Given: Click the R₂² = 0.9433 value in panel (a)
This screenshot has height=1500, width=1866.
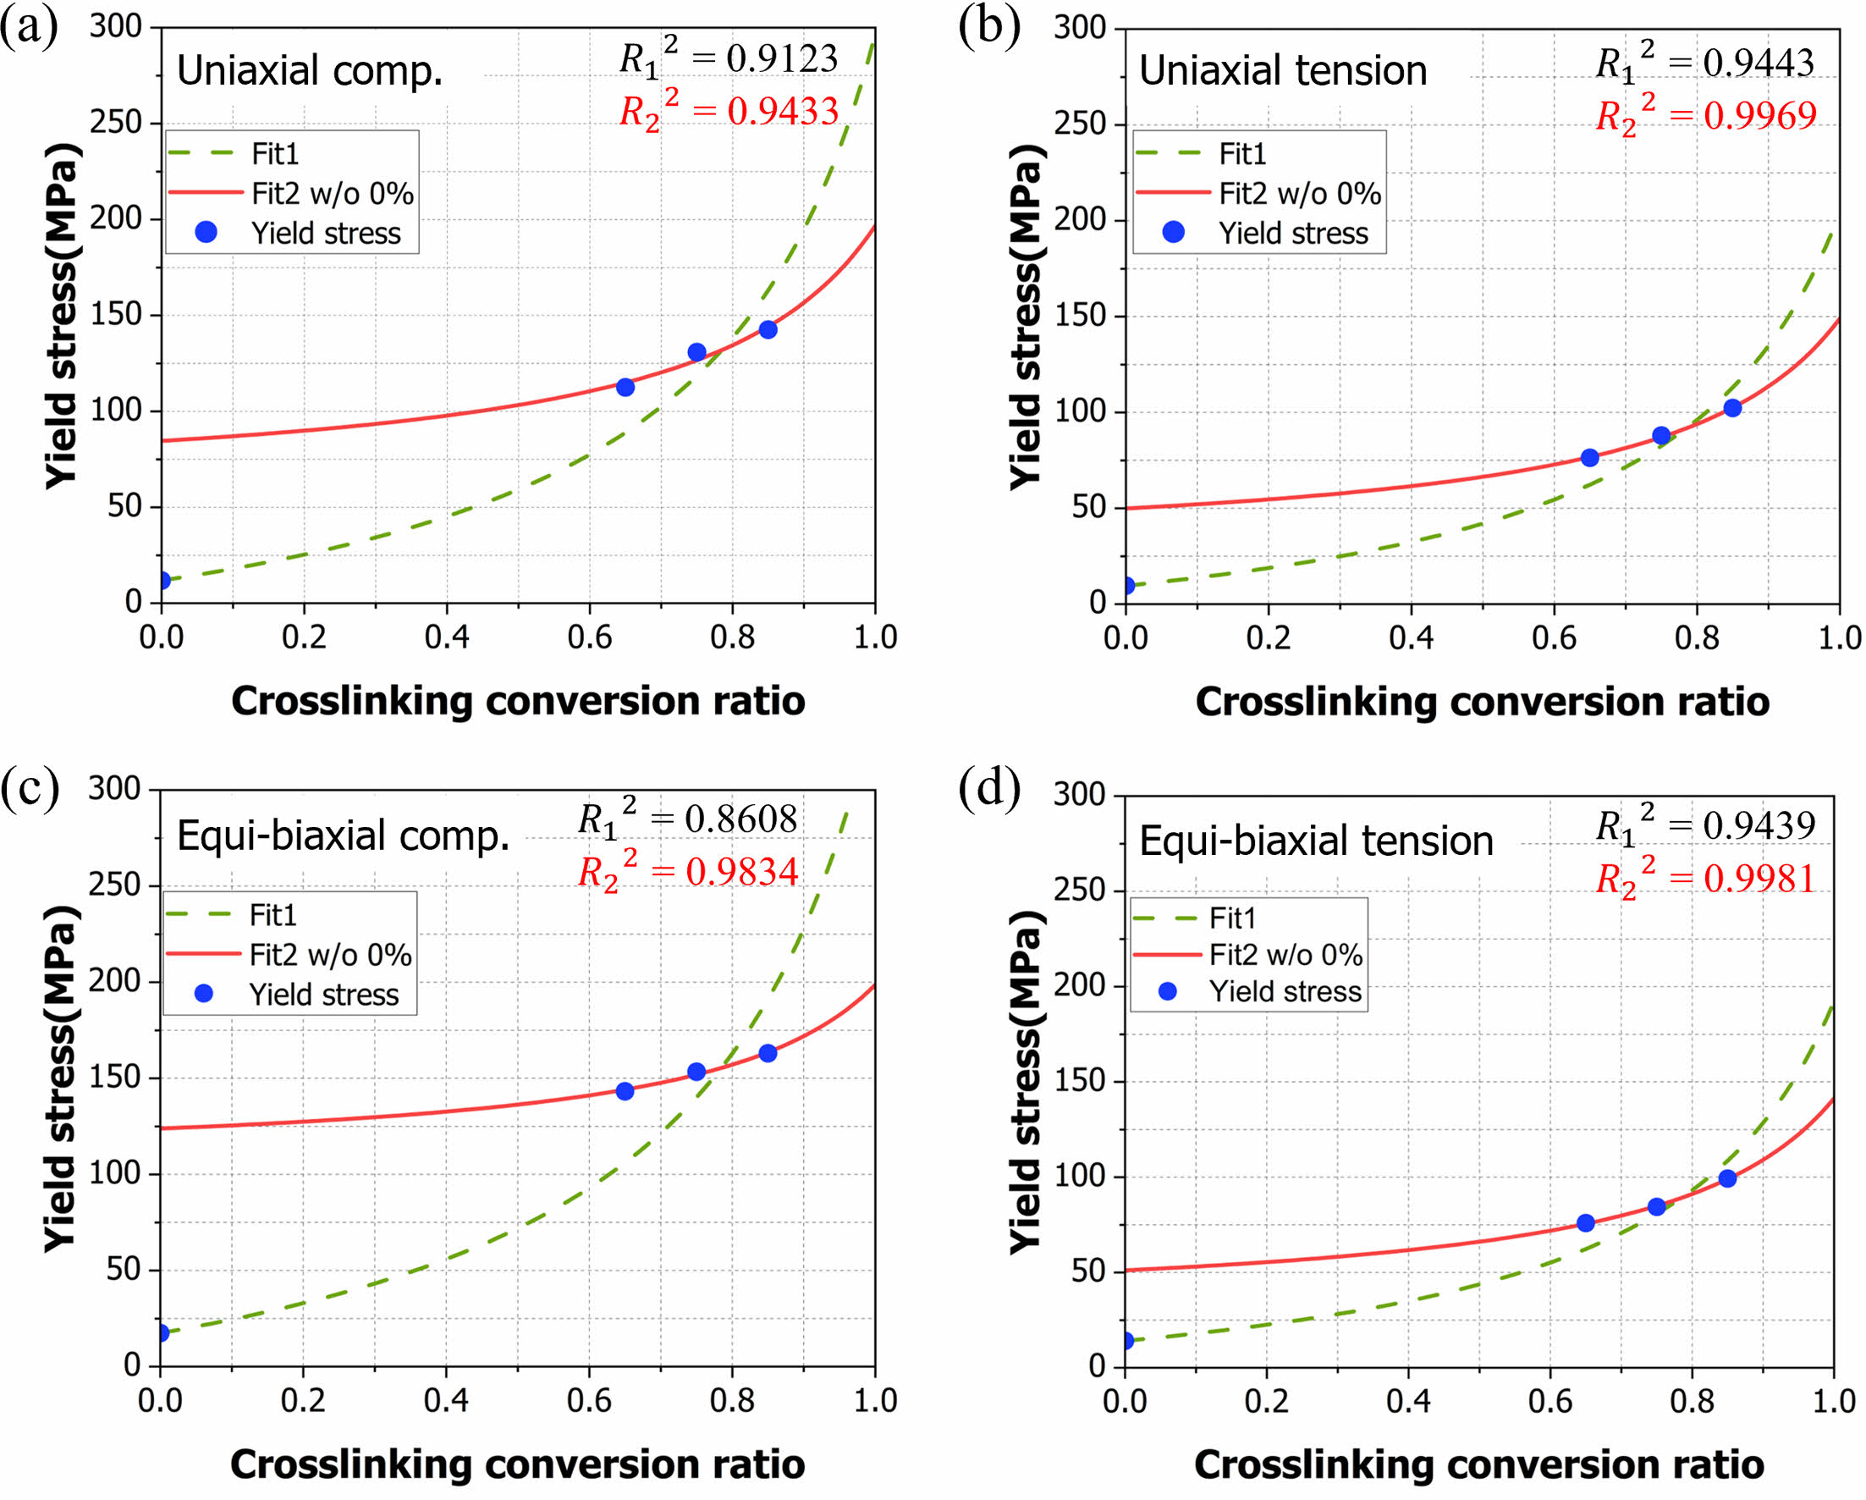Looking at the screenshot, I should [729, 112].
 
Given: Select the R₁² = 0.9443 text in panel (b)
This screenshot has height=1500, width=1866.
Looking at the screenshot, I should [1704, 63].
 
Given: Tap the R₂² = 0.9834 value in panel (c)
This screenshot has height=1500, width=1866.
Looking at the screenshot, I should [688, 872].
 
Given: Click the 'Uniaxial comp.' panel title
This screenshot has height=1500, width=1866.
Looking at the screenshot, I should [310, 71].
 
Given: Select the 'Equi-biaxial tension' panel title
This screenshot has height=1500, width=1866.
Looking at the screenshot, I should [1316, 841].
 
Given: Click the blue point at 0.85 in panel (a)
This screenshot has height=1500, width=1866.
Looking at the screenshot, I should [768, 330].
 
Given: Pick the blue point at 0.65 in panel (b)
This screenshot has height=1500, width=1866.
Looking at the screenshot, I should [1590, 458].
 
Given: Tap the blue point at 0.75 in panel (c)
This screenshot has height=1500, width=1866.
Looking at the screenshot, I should [696, 1072].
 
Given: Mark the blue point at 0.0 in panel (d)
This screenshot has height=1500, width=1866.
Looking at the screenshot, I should [1127, 1341].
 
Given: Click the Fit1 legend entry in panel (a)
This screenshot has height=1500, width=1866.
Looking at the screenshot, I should [275, 154].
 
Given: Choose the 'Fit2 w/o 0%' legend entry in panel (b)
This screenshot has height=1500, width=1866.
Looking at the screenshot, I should [1299, 194].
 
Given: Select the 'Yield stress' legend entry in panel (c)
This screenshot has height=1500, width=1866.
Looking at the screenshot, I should [323, 995].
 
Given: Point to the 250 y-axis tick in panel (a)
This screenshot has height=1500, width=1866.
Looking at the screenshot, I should [115, 123].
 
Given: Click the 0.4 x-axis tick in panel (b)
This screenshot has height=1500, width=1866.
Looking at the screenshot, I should [1411, 639].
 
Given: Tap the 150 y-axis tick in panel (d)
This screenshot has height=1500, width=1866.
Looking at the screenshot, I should [1078, 1080].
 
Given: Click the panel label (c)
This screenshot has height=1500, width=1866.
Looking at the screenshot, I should [30, 787].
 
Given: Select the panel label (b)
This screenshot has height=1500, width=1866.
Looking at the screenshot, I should [988, 26].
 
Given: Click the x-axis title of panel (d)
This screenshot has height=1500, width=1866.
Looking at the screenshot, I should [1478, 1464].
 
